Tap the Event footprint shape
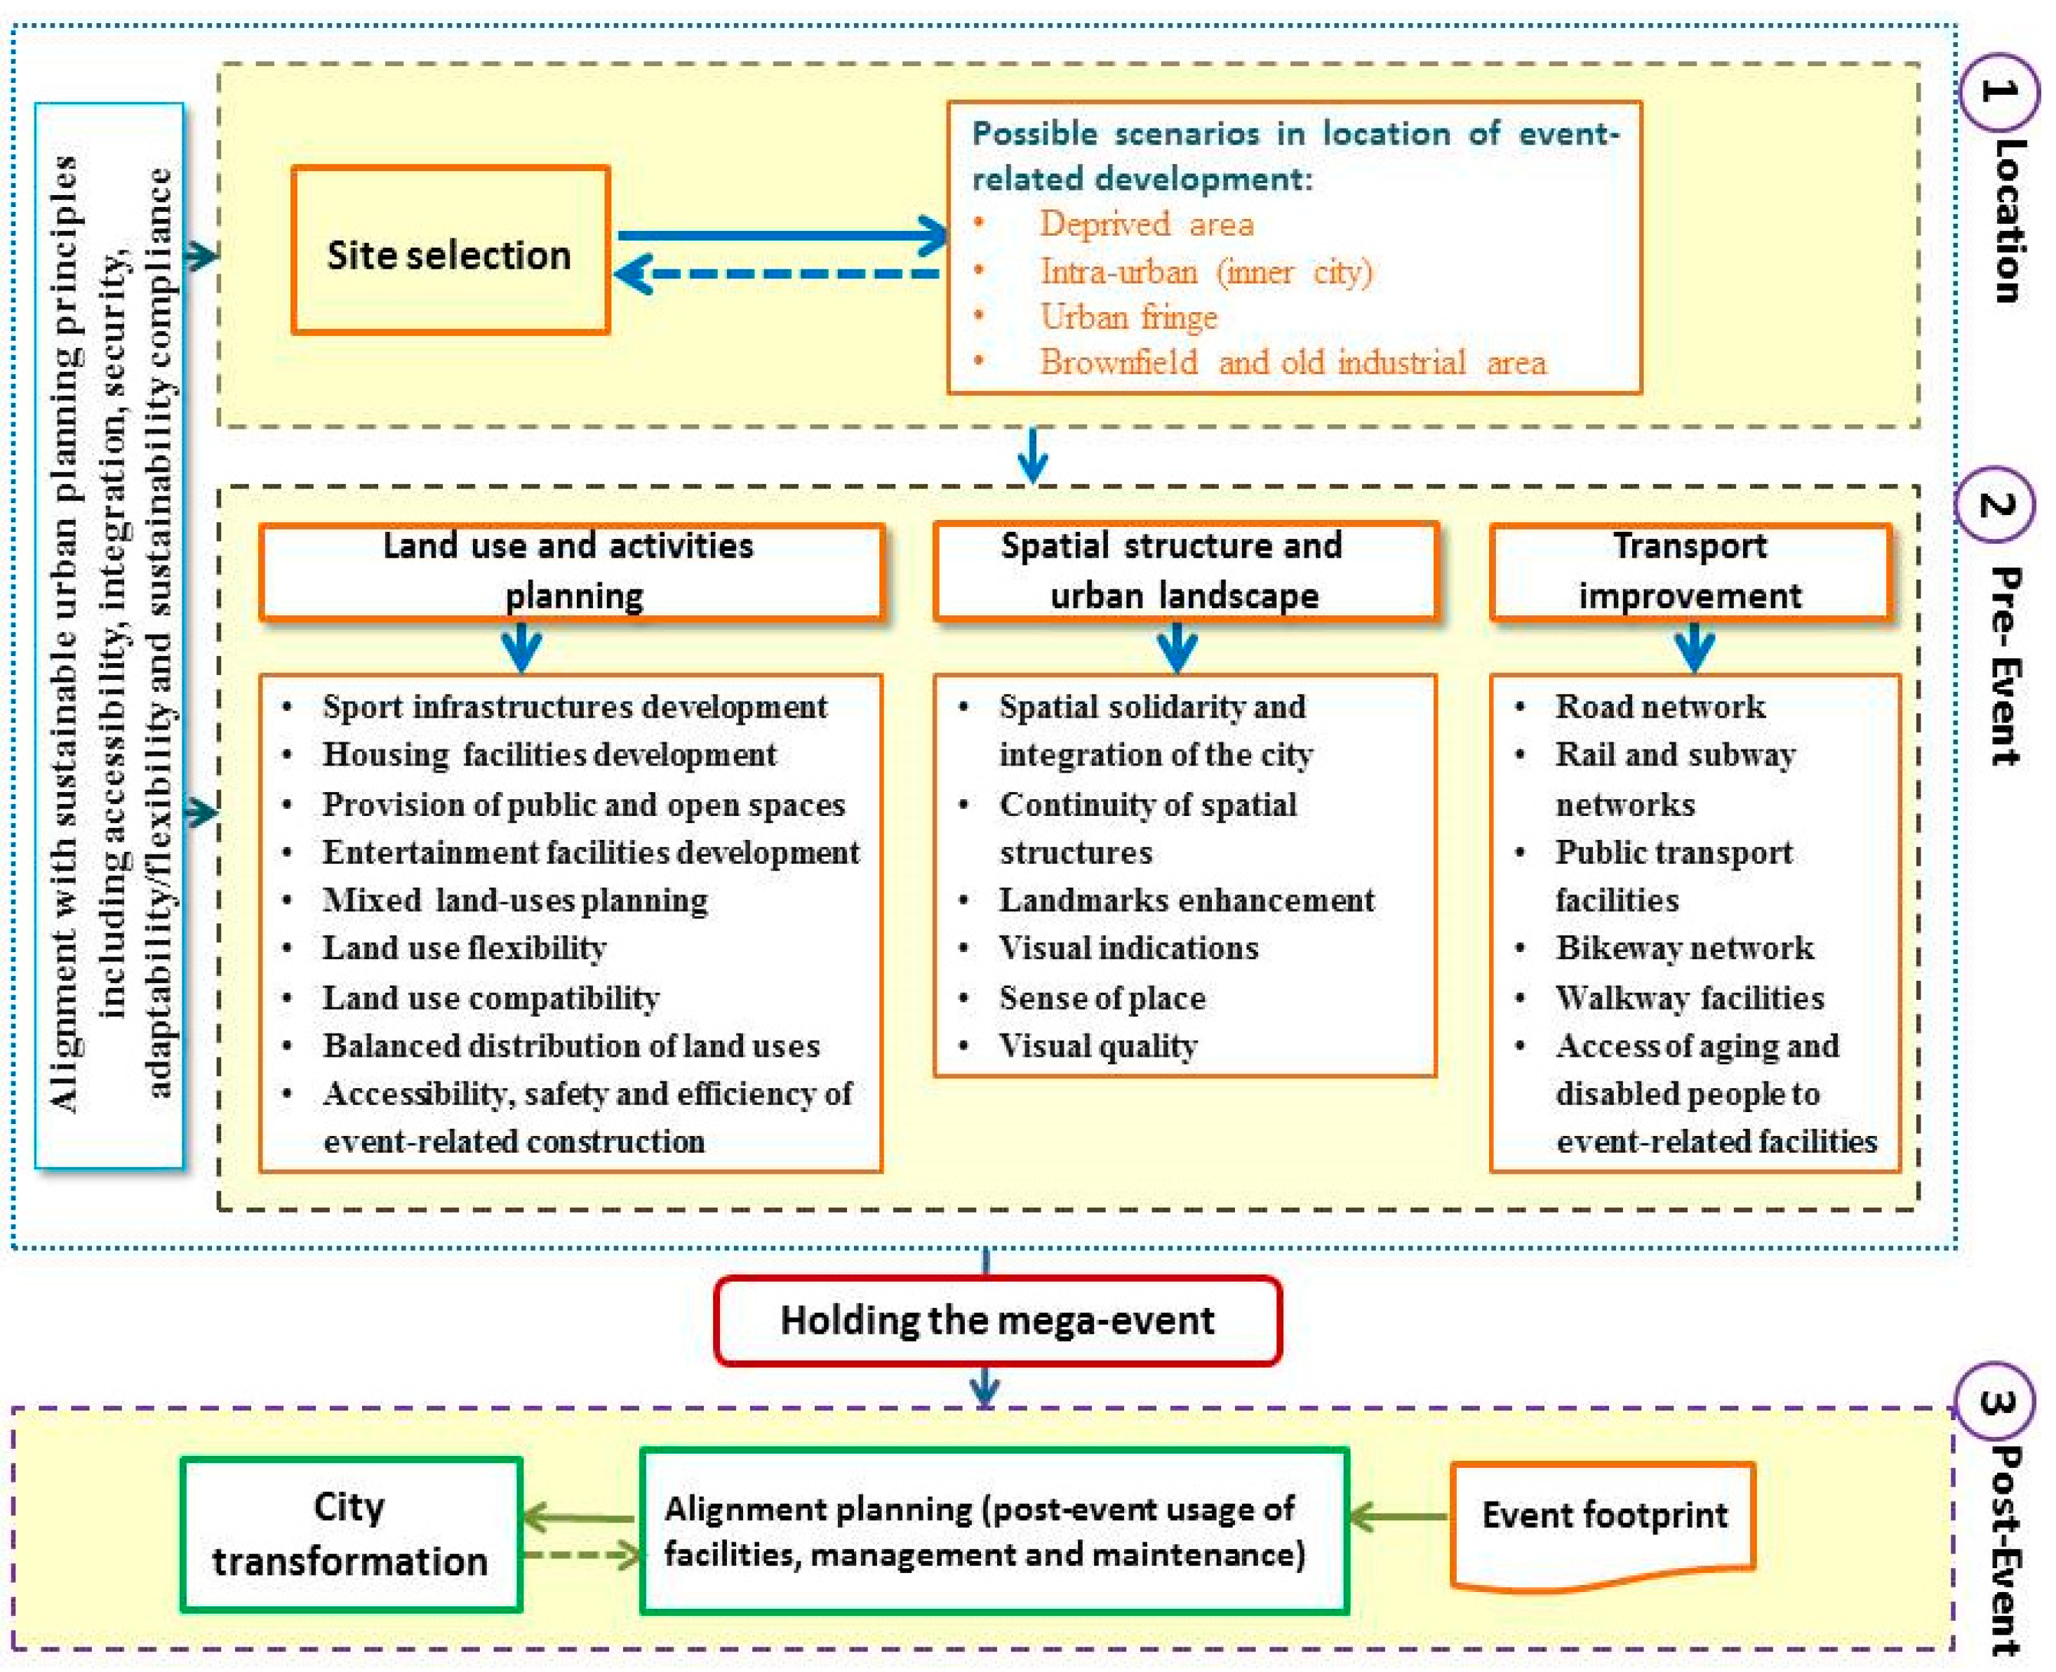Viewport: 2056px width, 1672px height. pyautogui.click(x=1603, y=1520)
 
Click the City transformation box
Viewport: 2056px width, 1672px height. pyautogui.click(x=351, y=1533)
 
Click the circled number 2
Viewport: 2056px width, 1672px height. pyautogui.click(x=1996, y=504)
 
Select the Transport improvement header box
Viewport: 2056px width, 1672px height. pyautogui.click(x=1690, y=571)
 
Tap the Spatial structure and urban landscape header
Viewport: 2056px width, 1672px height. pyautogui.click(x=1185, y=571)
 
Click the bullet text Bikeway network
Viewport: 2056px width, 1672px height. pyautogui.click(x=1684, y=948)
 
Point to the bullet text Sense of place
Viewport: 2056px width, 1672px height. pyautogui.click(x=1102, y=998)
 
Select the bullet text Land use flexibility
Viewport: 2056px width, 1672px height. pyautogui.click(x=464, y=948)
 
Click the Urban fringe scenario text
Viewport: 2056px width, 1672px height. pyautogui.click(x=1128, y=317)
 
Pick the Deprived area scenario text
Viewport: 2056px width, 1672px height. pyautogui.click(x=1146, y=225)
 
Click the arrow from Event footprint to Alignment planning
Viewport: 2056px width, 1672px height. pyautogui.click(x=1399, y=1518)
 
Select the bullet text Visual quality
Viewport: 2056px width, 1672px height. pyautogui.click(x=1097, y=1046)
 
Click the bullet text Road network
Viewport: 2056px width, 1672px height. pyautogui.click(x=1660, y=707)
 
